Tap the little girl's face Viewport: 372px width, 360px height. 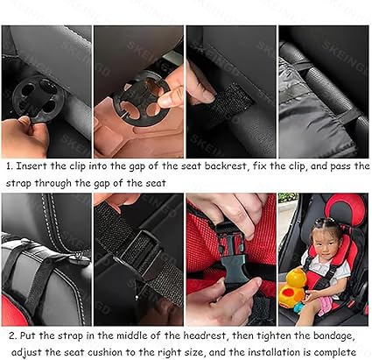tap(323, 242)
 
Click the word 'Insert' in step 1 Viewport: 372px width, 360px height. tap(32, 165)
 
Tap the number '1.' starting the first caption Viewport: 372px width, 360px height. tap(7, 165)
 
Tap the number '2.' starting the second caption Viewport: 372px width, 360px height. tap(7, 335)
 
